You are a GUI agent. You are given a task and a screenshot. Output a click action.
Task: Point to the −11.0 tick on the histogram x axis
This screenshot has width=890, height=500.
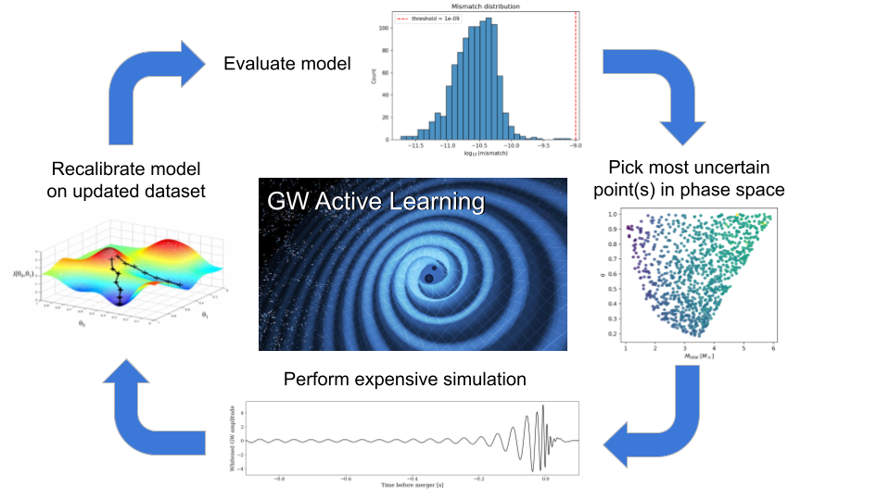(x=448, y=145)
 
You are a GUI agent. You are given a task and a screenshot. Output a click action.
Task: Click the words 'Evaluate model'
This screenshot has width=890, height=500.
(x=286, y=64)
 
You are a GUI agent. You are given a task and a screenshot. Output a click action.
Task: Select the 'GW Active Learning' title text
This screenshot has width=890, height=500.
(x=375, y=202)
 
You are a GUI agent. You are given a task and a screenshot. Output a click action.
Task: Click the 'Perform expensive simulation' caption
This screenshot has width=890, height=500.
(x=405, y=380)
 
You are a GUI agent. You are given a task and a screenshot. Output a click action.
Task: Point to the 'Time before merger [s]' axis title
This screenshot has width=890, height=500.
(x=405, y=484)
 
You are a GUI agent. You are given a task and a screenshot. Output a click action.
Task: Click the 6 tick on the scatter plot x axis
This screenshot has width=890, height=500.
(x=772, y=348)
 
